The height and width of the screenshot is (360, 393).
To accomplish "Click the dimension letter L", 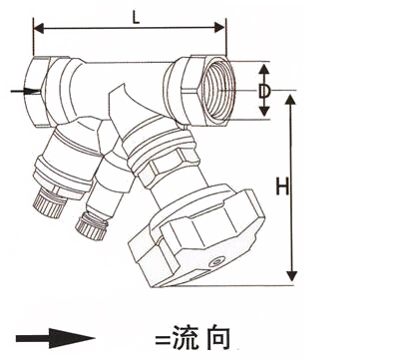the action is (x=136, y=18).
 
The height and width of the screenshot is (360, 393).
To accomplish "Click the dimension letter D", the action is (x=264, y=91).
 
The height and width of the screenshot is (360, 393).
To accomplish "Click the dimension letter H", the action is (x=282, y=186).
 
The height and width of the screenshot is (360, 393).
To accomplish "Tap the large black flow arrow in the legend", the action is (x=56, y=338).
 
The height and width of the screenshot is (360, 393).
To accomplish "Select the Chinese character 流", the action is (x=186, y=338).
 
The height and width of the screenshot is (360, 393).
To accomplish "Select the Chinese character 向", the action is (x=217, y=338).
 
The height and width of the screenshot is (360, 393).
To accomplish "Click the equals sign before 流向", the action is (x=163, y=340).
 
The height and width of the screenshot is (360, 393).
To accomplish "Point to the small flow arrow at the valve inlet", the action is (x=25, y=91).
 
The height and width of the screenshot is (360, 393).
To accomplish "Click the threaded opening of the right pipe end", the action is (x=217, y=91).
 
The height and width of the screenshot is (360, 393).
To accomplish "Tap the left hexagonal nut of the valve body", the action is (x=36, y=91).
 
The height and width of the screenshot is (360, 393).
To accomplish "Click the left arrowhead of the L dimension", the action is (x=39, y=28).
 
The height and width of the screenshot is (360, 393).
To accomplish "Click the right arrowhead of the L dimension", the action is (x=219, y=28).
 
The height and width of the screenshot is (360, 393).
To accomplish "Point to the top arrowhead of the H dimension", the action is (x=290, y=100).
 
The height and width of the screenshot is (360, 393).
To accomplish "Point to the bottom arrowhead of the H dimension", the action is (x=291, y=276).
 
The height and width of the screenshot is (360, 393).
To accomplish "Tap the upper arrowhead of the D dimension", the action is (x=264, y=69).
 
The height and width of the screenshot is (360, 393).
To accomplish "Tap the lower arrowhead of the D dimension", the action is (x=264, y=111).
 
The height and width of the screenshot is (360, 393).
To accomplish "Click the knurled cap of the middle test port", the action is (x=91, y=226).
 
